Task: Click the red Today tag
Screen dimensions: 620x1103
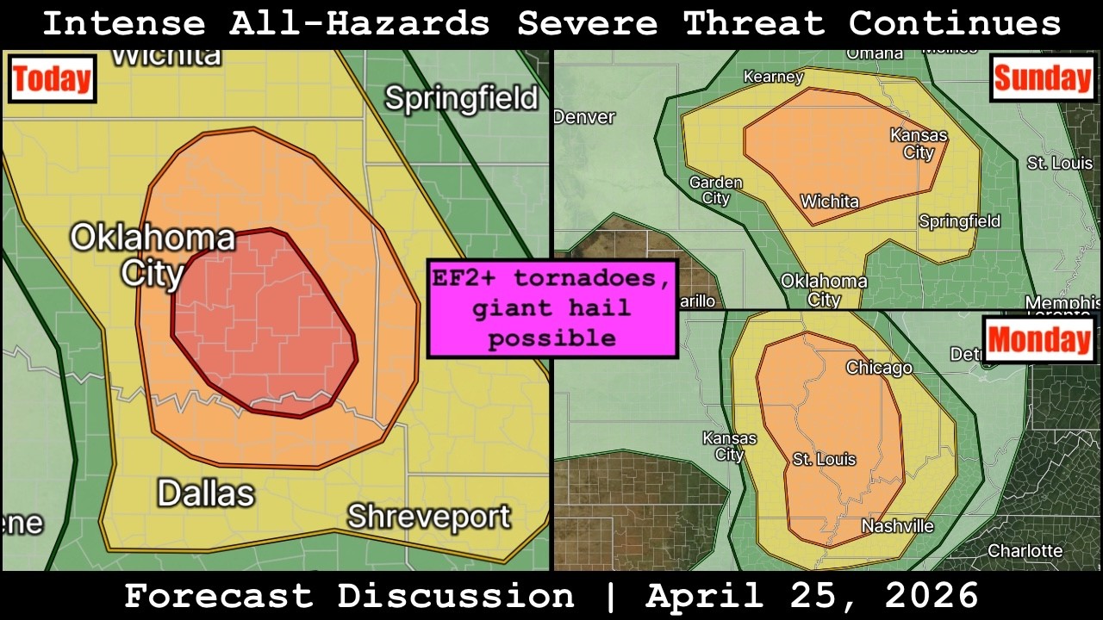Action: (51, 79)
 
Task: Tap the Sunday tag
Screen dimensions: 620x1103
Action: (1042, 78)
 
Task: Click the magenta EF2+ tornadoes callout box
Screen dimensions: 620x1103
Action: (552, 308)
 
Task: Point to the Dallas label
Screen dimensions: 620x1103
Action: (206, 493)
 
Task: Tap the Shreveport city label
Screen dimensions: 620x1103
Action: (428, 517)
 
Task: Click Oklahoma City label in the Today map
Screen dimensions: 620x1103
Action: (153, 255)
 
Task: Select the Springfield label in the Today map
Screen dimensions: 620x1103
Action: (461, 98)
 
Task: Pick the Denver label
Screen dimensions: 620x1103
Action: (585, 117)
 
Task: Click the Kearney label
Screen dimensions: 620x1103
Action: (773, 77)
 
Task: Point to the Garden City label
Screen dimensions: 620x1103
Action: (715, 190)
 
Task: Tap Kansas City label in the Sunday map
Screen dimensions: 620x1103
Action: (919, 144)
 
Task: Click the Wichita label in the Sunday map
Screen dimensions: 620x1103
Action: (829, 201)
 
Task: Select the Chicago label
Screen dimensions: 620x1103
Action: (879, 368)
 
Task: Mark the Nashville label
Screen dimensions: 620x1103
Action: (897, 526)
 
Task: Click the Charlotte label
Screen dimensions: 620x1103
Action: (1025, 550)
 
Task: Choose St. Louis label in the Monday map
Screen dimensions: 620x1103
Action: (825, 459)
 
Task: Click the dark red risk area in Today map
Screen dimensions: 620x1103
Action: (264, 323)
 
